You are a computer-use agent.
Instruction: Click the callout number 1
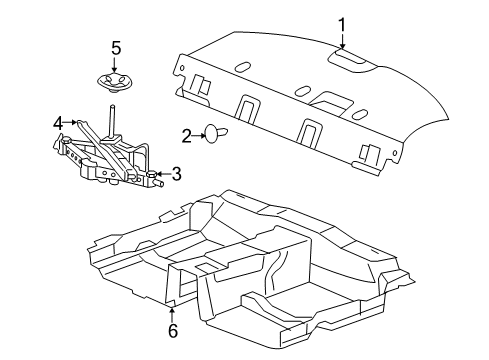(342, 25)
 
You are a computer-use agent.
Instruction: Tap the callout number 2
(187, 136)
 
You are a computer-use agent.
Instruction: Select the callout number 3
(176, 174)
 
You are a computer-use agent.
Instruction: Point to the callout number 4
(58, 124)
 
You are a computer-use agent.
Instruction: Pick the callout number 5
(116, 48)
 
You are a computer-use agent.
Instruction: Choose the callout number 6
(173, 330)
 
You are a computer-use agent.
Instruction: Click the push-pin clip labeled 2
(217, 134)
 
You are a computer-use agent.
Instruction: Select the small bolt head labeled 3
(152, 174)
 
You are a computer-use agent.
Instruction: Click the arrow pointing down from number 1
(342, 41)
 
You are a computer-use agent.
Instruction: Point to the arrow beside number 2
(199, 136)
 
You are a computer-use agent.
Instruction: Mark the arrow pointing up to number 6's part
(172, 314)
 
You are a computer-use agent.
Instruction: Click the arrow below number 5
(115, 65)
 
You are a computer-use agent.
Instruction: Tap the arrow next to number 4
(70, 122)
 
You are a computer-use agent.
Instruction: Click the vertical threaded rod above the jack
(111, 121)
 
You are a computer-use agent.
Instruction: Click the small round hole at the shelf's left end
(182, 68)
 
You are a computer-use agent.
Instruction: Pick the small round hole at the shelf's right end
(395, 153)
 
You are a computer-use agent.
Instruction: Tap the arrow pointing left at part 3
(163, 174)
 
